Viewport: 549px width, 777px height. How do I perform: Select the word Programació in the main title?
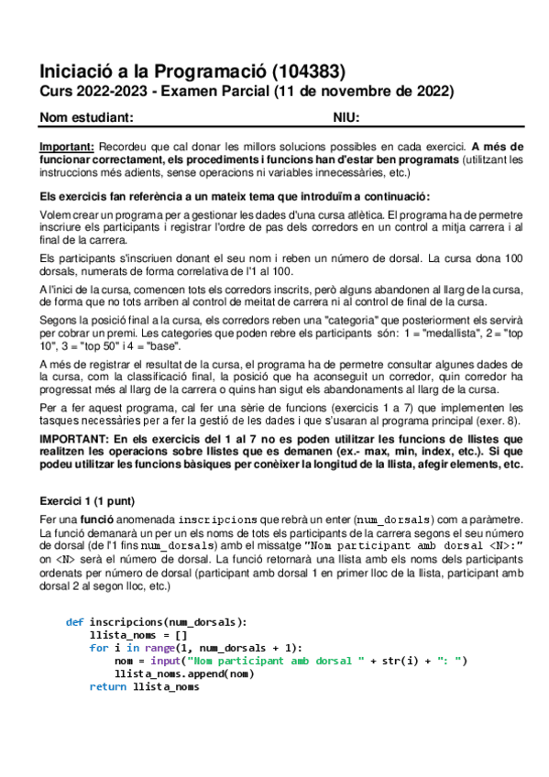201,71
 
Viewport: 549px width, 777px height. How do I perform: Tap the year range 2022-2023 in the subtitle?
109,92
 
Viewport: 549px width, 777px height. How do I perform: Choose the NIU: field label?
346,117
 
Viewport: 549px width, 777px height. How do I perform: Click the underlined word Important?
67,147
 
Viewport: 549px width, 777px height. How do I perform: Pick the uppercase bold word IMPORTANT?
75,440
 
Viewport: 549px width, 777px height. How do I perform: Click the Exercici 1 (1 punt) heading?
88,501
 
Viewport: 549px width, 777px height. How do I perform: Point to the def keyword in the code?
74,622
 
